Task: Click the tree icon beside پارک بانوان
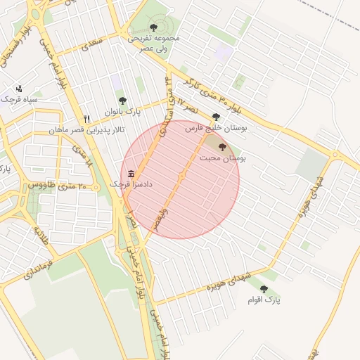[123, 101]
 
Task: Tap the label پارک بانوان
[123, 112]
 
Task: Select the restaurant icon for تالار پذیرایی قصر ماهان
[87, 119]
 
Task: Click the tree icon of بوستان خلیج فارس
[216, 117]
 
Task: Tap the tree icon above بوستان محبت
[223, 147]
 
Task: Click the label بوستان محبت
[222, 159]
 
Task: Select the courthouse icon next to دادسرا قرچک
[131, 173]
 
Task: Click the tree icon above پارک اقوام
[264, 289]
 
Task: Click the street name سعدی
[92, 45]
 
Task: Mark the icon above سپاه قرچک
[19, 89]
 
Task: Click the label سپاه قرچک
[19, 100]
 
